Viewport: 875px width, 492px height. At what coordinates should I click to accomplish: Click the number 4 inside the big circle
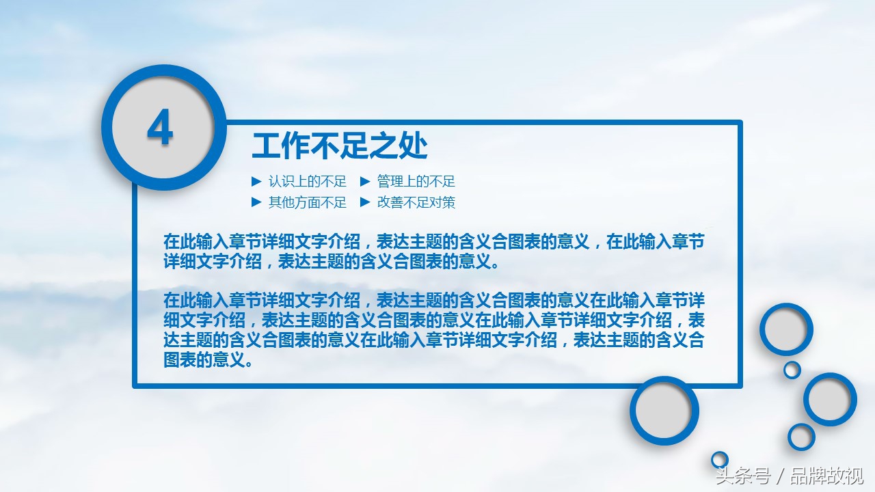click(x=160, y=127)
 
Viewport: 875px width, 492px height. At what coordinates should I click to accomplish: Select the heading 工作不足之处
click(x=340, y=146)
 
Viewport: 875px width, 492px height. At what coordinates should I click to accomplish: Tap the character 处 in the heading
click(x=414, y=146)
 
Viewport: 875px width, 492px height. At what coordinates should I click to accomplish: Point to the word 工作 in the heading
click(x=281, y=146)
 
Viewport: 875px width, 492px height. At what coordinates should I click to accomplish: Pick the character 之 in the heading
click(x=384, y=146)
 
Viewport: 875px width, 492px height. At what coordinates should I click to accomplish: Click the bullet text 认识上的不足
click(x=308, y=181)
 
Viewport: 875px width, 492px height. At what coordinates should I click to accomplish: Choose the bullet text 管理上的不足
click(x=416, y=181)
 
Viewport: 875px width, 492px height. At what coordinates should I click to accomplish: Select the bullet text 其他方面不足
click(x=308, y=202)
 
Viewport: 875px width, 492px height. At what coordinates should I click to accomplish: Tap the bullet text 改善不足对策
click(x=416, y=202)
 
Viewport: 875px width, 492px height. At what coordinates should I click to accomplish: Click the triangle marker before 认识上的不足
click(x=256, y=181)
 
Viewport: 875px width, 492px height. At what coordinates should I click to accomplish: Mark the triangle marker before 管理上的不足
click(x=365, y=181)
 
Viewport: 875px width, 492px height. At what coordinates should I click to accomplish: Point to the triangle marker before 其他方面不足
click(x=256, y=202)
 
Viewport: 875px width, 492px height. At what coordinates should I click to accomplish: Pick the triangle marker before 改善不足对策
click(x=365, y=202)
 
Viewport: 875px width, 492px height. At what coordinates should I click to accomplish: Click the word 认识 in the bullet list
click(x=282, y=181)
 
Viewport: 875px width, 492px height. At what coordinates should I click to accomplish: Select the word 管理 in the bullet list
click(x=390, y=181)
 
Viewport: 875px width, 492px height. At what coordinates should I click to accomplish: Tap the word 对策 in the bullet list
click(x=442, y=202)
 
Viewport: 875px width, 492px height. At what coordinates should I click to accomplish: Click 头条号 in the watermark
click(x=743, y=476)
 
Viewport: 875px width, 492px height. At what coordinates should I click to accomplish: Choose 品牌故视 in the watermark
click(x=827, y=476)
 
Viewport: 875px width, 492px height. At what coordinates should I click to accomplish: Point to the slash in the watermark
click(x=781, y=476)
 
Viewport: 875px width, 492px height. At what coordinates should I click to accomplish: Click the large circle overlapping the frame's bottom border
click(x=633, y=411)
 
